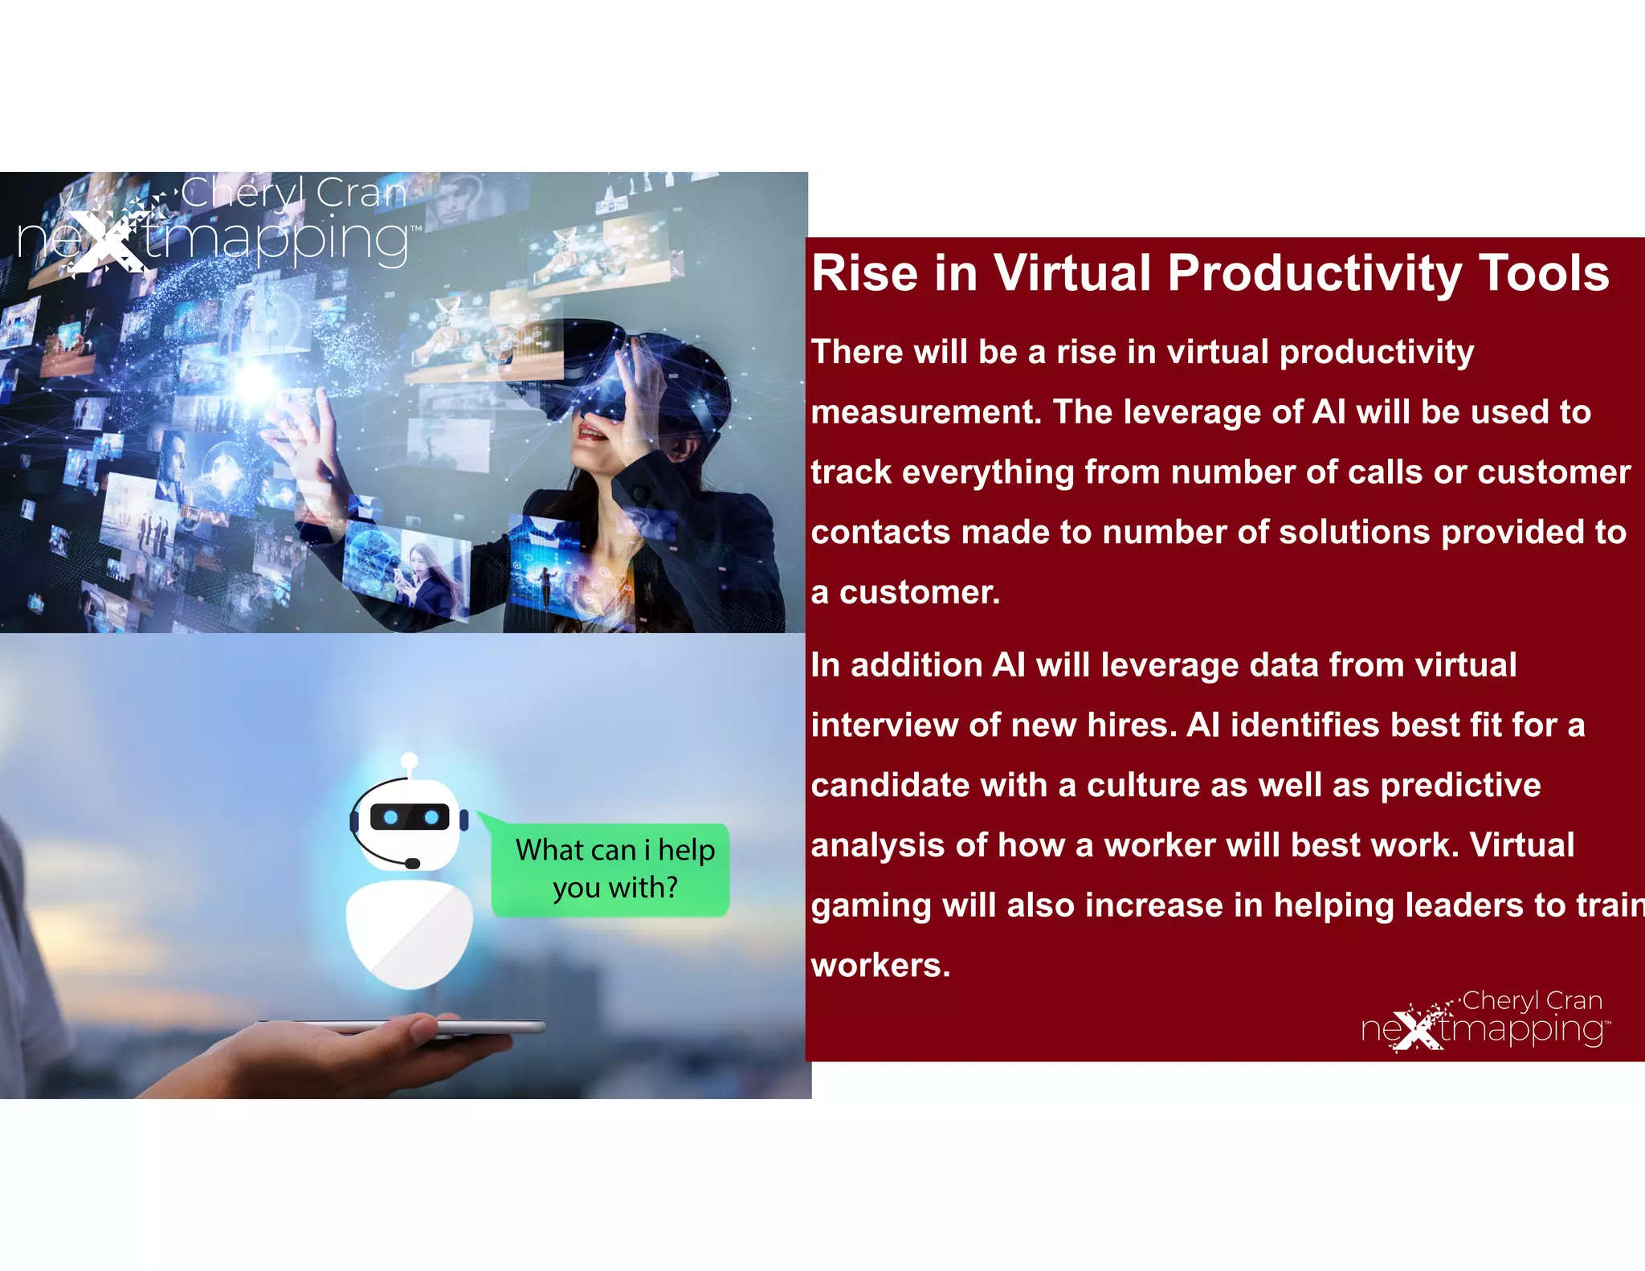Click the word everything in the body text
click(x=987, y=472)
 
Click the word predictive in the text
click(x=1460, y=786)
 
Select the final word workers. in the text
click(x=880, y=966)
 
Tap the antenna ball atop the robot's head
click(x=410, y=759)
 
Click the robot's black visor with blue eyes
click(x=410, y=817)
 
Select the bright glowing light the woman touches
click(x=255, y=379)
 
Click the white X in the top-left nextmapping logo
click(x=100, y=241)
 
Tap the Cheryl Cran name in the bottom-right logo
click(x=1532, y=1001)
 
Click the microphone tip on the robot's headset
click(x=413, y=864)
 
